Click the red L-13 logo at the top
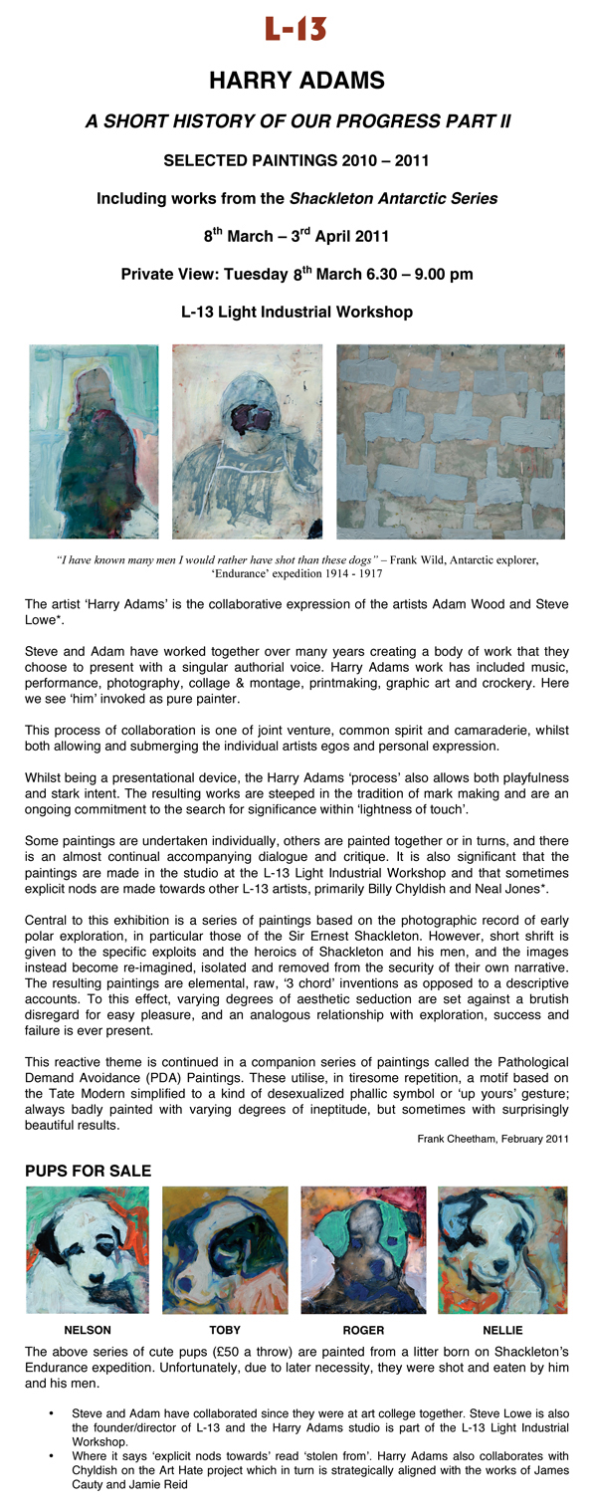coord(296,30)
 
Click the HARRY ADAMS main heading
coord(296,81)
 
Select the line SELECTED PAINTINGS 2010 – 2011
coord(296,160)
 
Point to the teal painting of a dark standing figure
coord(94,441)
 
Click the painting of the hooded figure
coord(247,441)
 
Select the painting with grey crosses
coord(451,441)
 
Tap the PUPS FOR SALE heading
coord(88,1171)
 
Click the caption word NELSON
coord(88,1330)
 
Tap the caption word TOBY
coord(225,1330)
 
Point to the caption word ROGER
coord(363,1330)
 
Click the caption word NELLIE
coord(503,1330)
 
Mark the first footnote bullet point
coord(51,1412)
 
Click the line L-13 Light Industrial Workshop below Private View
coord(296,313)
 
